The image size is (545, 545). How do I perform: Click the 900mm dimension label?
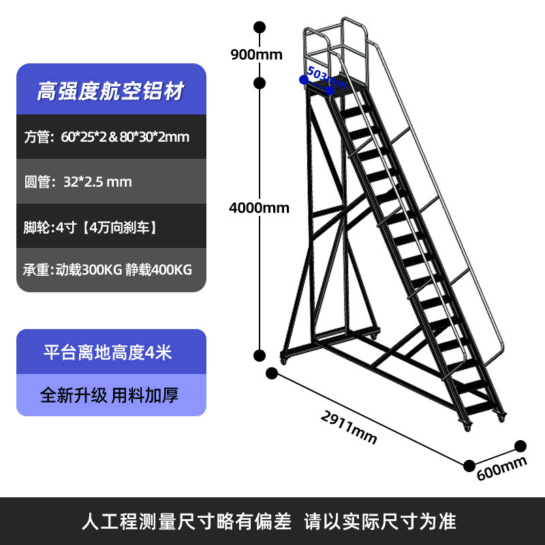[x=256, y=55]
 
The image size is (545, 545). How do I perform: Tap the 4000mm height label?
[x=259, y=208]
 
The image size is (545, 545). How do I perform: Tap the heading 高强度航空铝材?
[x=110, y=91]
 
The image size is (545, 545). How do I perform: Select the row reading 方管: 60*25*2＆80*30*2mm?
[x=107, y=136]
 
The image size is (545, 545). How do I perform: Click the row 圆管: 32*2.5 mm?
[x=78, y=182]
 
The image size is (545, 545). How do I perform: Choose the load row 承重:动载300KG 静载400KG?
[x=108, y=270]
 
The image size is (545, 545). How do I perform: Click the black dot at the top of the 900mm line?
[x=259, y=27]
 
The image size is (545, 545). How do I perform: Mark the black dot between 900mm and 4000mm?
[x=259, y=83]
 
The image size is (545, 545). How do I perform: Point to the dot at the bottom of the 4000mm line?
[x=259, y=355]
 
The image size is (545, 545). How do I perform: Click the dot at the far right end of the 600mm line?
[x=521, y=446]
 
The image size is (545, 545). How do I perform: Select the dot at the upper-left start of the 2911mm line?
[x=272, y=373]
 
